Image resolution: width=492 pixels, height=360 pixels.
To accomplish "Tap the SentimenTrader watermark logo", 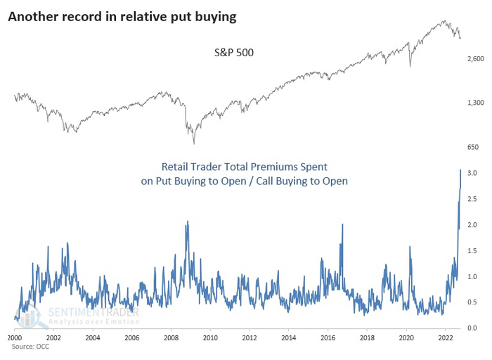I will click(77, 314).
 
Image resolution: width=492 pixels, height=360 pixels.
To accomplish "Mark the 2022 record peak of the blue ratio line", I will click(460, 170).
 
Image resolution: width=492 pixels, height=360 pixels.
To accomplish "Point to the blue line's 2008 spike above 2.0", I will click(187, 222).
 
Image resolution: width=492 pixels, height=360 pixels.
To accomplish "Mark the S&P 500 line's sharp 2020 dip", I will click(409, 67).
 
